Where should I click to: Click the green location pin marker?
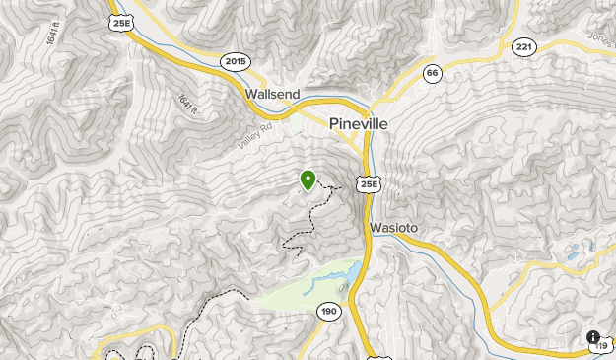coord(308,180)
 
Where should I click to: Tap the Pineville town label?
coord(359,125)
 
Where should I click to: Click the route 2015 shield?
coord(236,61)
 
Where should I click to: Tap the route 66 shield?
coord(432,73)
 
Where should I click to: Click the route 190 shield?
coord(329,312)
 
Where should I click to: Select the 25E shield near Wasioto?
coord(369,184)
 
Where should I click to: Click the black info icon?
coord(593,337)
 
